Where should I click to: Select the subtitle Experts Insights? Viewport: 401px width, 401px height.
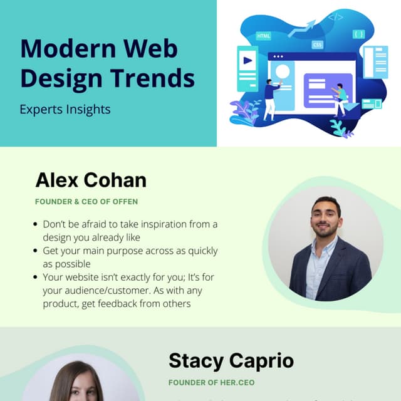[65, 110]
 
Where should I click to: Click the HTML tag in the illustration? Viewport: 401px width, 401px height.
[263, 36]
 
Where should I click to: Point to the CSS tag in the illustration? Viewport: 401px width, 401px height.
[318, 45]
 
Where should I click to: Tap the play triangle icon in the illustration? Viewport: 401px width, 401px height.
[248, 61]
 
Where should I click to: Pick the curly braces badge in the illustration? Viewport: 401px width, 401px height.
[358, 34]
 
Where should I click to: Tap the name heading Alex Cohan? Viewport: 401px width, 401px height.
[91, 180]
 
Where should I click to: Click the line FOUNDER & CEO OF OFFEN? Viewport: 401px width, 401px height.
[86, 202]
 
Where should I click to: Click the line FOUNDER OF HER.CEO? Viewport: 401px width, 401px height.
[211, 382]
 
